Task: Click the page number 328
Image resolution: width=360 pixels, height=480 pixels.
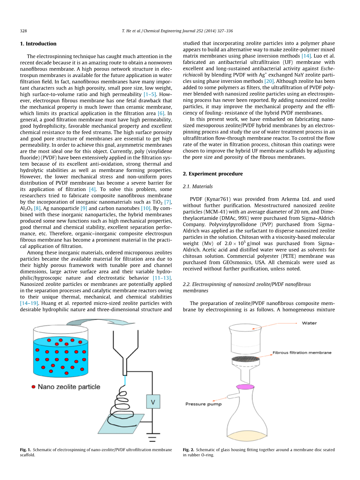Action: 23,31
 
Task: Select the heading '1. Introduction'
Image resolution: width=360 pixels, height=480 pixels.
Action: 38,44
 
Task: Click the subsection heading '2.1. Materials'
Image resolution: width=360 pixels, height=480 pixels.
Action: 198,186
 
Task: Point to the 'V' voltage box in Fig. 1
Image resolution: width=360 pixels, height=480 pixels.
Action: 153,401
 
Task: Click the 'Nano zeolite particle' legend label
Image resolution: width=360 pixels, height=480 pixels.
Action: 68,387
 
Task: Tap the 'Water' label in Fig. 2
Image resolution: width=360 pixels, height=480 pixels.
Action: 309,323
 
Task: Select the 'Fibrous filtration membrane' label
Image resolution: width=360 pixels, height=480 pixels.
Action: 302,352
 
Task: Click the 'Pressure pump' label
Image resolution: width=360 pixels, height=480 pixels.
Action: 203,404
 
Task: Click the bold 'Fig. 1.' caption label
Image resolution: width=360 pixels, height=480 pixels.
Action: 26,450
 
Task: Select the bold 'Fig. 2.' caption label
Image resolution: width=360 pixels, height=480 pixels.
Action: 189,450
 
